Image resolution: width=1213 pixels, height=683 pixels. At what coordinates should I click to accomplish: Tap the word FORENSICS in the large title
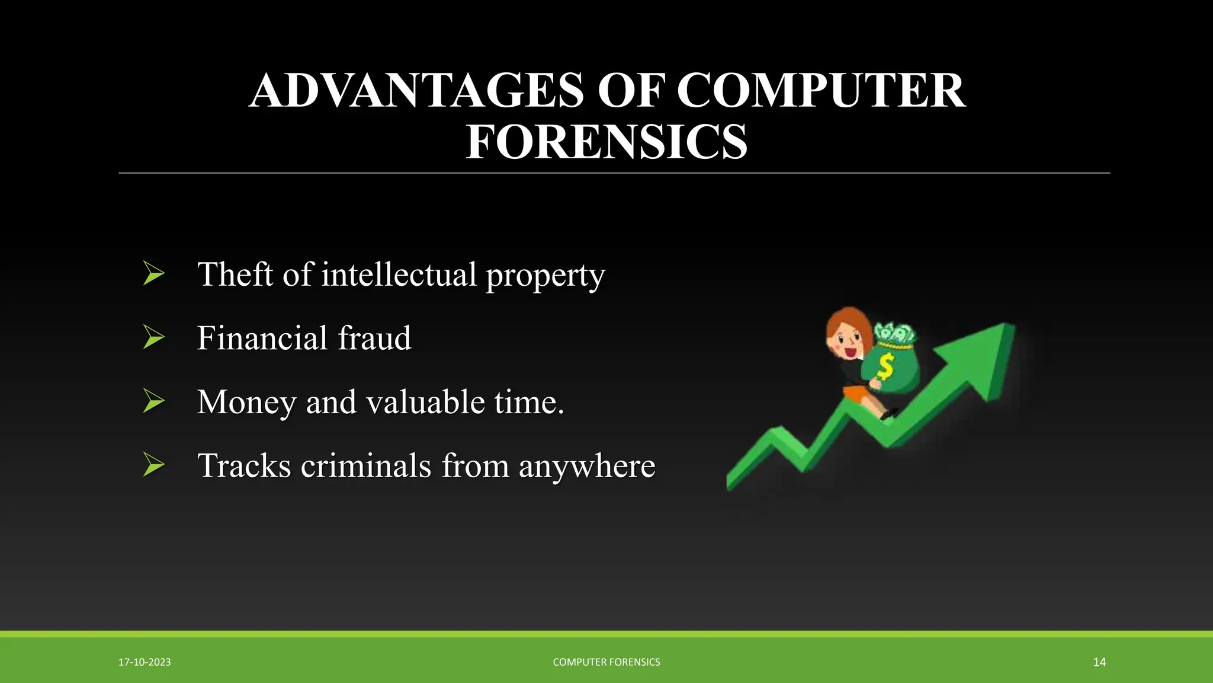(606, 142)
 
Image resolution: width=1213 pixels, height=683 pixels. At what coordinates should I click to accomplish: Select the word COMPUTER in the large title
(821, 91)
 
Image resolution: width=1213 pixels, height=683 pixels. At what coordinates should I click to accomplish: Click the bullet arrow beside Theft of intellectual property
(153, 274)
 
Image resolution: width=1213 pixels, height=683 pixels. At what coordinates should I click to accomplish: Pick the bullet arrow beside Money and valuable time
(153, 401)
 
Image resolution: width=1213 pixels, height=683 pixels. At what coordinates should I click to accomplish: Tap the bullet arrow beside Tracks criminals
(153, 465)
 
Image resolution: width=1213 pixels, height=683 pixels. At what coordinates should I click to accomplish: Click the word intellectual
(399, 275)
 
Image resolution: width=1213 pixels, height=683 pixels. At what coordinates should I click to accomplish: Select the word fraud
(374, 338)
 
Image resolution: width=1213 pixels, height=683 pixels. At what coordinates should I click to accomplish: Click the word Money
(246, 403)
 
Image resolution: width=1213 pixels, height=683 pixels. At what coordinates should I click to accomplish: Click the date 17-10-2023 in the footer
(145, 662)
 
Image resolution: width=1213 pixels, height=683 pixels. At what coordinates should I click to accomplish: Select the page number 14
(1099, 662)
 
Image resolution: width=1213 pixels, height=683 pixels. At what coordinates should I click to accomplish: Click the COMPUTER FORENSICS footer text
(606, 662)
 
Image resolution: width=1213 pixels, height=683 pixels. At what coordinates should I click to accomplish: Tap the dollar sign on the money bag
(885, 367)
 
